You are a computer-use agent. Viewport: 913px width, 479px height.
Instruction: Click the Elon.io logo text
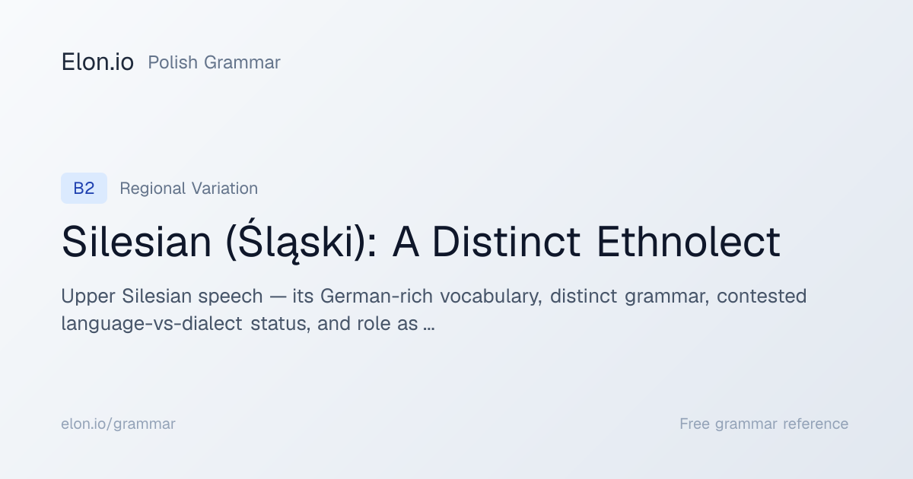(x=97, y=62)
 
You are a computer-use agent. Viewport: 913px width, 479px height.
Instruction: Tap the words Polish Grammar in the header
(x=214, y=62)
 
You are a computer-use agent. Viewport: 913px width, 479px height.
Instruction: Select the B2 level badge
(x=84, y=189)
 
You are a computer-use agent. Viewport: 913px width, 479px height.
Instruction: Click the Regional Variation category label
(x=189, y=189)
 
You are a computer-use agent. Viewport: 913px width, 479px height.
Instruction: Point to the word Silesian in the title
(x=136, y=242)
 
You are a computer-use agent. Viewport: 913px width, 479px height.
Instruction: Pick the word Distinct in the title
(x=506, y=242)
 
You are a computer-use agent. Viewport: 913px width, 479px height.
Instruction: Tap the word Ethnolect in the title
(x=689, y=242)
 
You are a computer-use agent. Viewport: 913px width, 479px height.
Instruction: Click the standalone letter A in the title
(x=406, y=242)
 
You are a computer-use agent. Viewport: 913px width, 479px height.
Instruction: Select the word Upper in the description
(x=88, y=297)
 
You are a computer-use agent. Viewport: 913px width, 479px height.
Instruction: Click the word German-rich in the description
(x=376, y=296)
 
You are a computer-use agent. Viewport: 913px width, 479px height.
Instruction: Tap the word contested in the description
(x=762, y=296)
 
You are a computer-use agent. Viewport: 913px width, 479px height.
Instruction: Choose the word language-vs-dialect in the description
(x=152, y=324)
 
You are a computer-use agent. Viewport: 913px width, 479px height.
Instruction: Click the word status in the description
(x=281, y=324)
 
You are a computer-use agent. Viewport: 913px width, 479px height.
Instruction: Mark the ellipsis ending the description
(x=429, y=328)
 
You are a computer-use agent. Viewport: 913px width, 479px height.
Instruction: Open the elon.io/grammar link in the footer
(x=118, y=424)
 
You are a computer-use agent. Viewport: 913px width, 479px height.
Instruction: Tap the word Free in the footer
(x=695, y=423)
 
